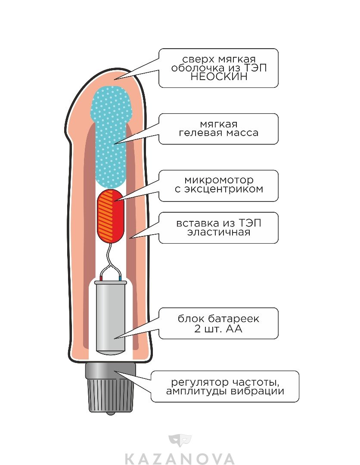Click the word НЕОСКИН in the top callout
pyautogui.click(x=219, y=77)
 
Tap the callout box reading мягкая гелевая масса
pyautogui.click(x=219, y=129)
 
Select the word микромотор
pyautogui.click(x=219, y=180)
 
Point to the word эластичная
pyautogui.click(x=219, y=232)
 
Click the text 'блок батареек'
pyautogui.click(x=219, y=319)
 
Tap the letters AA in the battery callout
pyautogui.click(x=234, y=329)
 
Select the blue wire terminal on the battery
pyautogui.click(x=121, y=279)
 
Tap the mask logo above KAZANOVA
pyautogui.click(x=180, y=441)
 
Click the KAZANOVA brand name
pyautogui.click(x=180, y=459)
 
